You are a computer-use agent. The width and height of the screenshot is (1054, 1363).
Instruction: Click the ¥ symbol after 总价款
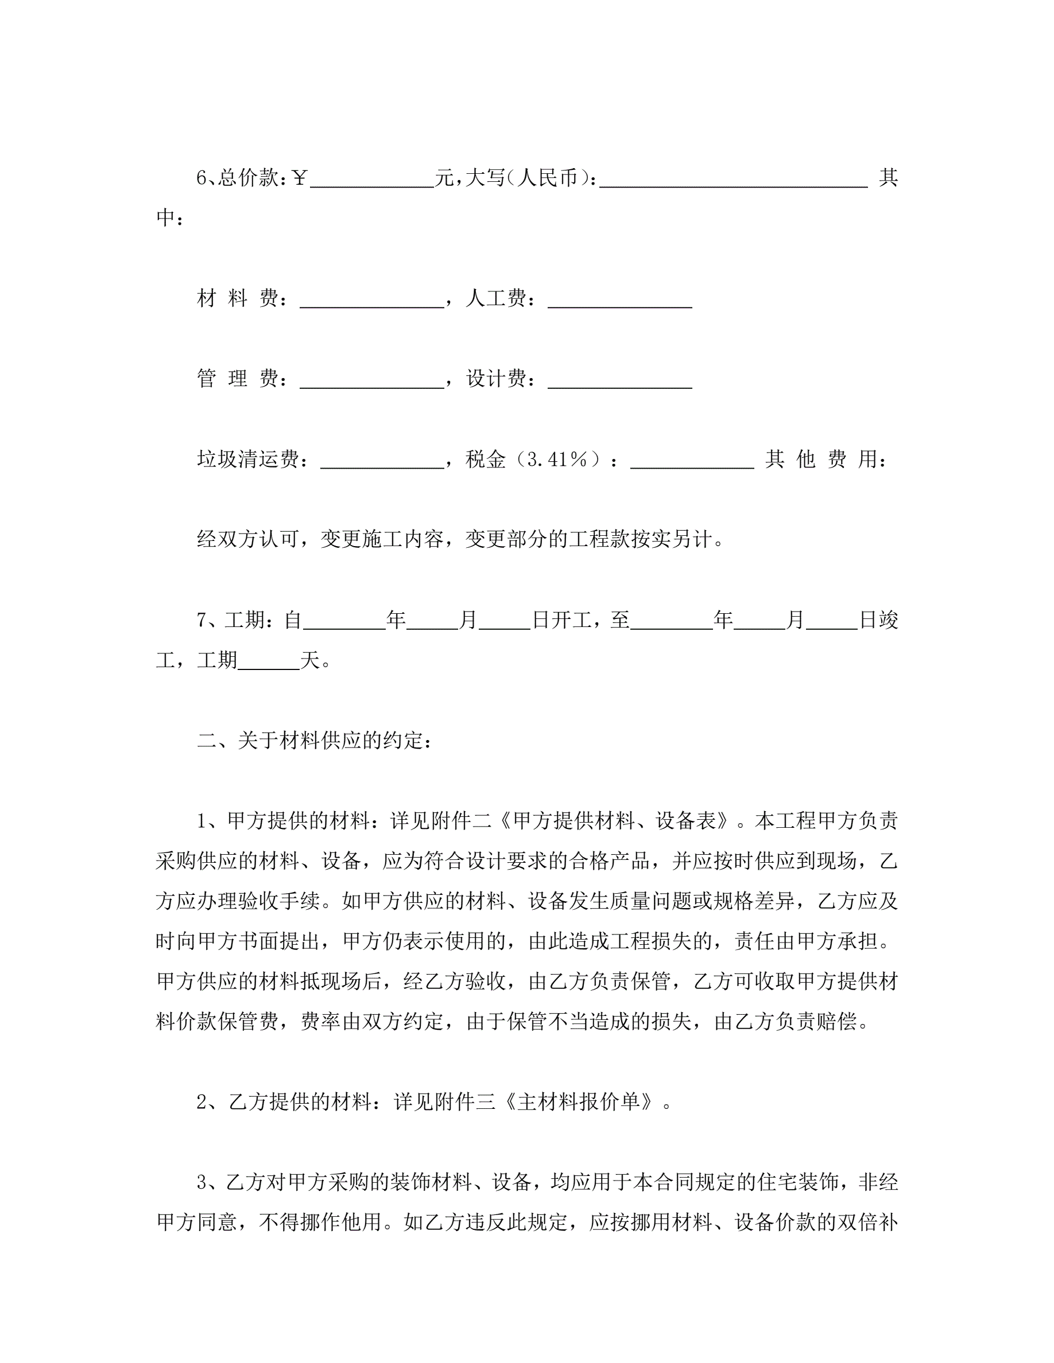point(300,178)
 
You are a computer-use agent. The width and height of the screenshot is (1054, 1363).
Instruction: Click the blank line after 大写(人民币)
point(733,181)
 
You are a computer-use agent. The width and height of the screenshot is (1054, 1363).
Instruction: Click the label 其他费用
point(826,460)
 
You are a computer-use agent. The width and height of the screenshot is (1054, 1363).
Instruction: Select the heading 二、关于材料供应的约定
point(314,741)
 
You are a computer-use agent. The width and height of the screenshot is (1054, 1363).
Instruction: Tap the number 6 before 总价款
point(201,178)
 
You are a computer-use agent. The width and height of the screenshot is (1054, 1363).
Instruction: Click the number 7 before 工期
point(201,620)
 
